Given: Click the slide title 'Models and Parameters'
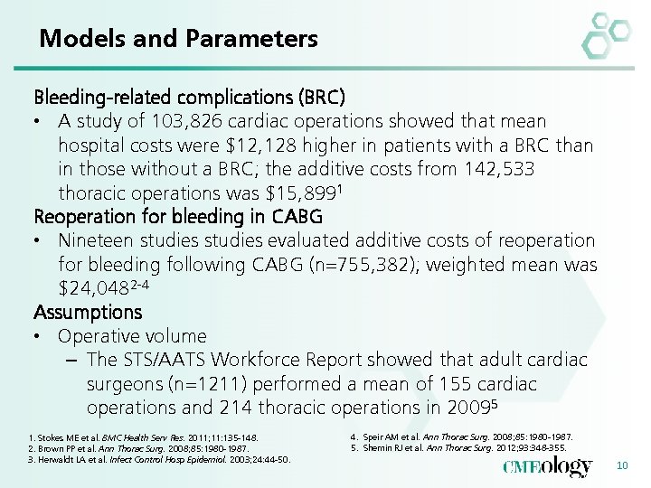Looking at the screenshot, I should point(178,39).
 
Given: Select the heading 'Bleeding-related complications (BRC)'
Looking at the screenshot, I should point(189,96).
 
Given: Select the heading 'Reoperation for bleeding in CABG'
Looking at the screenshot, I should point(177,217).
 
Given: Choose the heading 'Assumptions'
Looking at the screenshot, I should point(88,313).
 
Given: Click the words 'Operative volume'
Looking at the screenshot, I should point(132,336).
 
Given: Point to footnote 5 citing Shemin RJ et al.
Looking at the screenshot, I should point(458,447).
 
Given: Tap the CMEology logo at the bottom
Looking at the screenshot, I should point(548,465).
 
